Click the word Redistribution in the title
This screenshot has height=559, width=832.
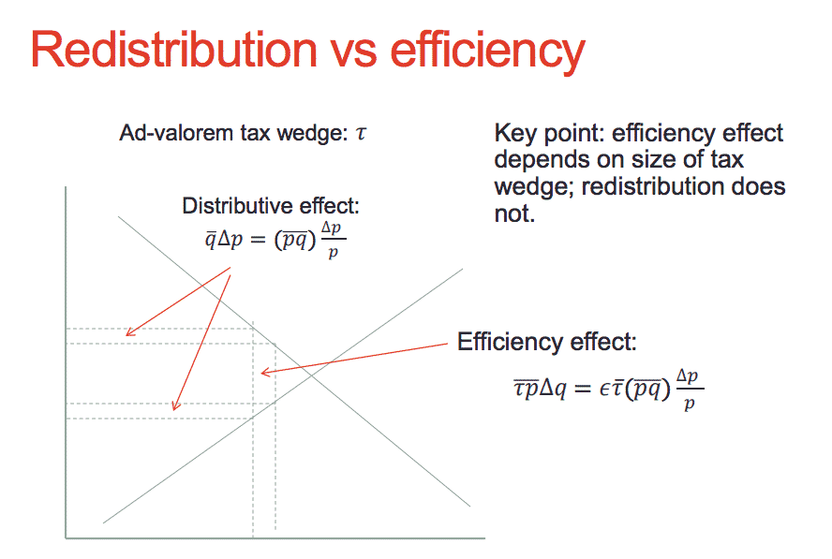tap(174, 50)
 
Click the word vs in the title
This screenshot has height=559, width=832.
tap(354, 54)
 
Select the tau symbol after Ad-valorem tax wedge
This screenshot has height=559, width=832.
tap(361, 133)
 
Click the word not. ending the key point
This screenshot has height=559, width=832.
tap(514, 213)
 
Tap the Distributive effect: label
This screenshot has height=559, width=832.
tap(271, 206)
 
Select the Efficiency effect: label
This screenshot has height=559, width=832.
tap(546, 342)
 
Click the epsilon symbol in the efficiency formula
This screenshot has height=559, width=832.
tap(604, 390)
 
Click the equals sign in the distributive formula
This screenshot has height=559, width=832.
tap(258, 240)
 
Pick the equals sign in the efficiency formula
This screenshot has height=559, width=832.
tap(582, 390)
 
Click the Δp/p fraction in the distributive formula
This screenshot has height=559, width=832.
tap(333, 240)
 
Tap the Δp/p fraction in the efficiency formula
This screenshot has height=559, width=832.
tap(690, 390)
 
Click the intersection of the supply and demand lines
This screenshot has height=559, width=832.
tap(311, 374)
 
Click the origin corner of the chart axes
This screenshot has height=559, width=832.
tap(66, 538)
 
